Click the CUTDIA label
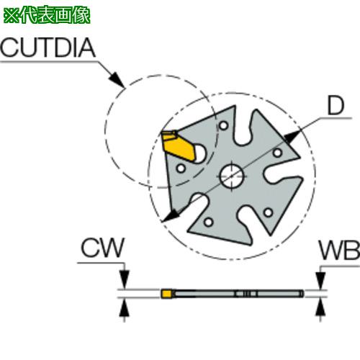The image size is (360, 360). (x=48, y=48)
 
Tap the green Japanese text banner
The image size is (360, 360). (x=47, y=16)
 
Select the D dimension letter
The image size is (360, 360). (x=336, y=106)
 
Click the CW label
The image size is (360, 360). (x=103, y=248)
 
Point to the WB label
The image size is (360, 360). (x=340, y=251)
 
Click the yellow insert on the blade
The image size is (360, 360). (x=179, y=145)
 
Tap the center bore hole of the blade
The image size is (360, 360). (x=232, y=176)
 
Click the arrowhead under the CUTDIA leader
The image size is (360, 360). (x=116, y=78)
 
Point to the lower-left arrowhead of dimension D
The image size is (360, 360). (x=170, y=215)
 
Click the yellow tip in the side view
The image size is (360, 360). (x=166, y=294)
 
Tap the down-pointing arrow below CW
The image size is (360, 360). (x=124, y=279)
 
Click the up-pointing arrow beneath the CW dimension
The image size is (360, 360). (x=124, y=307)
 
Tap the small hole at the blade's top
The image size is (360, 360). (x=224, y=125)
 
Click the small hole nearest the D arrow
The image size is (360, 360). (x=278, y=153)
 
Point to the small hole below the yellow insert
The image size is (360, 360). (x=181, y=168)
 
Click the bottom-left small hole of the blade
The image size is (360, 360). (x=209, y=222)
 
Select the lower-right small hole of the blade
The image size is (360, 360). (x=268, y=212)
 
